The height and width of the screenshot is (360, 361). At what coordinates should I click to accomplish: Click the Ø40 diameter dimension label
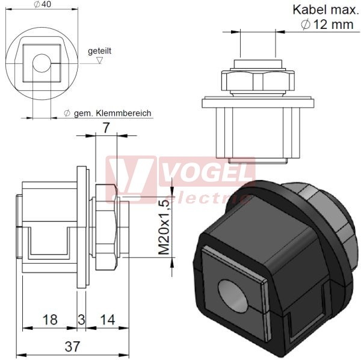point(42,4)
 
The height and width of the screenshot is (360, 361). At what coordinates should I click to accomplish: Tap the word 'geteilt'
point(99,51)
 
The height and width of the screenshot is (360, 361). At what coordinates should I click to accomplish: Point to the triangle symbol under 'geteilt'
point(99,60)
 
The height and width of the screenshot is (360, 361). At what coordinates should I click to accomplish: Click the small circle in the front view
point(42,63)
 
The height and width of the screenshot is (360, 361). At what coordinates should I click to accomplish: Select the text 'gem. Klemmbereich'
point(113,113)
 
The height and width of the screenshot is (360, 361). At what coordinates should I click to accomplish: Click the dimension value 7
point(106,128)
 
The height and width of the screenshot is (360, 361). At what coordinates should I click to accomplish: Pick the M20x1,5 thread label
point(165,227)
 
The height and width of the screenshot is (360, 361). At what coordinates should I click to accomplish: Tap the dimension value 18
point(50,320)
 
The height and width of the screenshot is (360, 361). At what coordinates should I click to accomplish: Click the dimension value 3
point(81,320)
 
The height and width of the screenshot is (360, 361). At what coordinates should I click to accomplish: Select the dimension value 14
point(108,320)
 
